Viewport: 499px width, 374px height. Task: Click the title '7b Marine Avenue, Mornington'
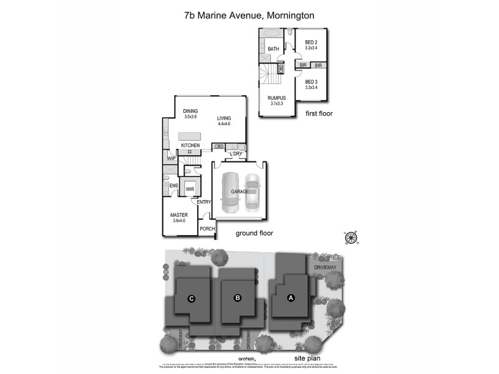pyautogui.click(x=249, y=14)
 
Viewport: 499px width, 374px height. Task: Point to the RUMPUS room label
pyautogui.click(x=276, y=98)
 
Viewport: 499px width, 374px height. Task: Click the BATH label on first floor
pyautogui.click(x=273, y=49)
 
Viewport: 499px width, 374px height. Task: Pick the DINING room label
pyautogui.click(x=190, y=112)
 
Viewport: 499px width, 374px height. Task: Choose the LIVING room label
pyautogui.click(x=224, y=118)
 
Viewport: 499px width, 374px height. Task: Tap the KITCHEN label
pyautogui.click(x=190, y=145)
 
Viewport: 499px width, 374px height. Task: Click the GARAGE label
pyautogui.click(x=240, y=191)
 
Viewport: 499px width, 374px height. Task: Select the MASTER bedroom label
pyautogui.click(x=179, y=215)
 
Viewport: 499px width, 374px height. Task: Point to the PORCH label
pyautogui.click(x=206, y=229)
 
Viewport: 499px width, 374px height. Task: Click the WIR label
pyautogui.click(x=189, y=189)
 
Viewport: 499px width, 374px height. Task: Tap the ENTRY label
pyautogui.click(x=204, y=202)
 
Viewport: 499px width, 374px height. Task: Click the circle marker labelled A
pyautogui.click(x=290, y=298)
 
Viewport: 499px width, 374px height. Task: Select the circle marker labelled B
pyautogui.click(x=237, y=298)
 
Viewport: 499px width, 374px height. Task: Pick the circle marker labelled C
pyautogui.click(x=192, y=299)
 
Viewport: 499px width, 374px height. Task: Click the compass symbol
pyautogui.click(x=351, y=237)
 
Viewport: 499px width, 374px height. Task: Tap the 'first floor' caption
pyautogui.click(x=319, y=114)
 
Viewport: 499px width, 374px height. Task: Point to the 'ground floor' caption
pyautogui.click(x=254, y=234)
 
